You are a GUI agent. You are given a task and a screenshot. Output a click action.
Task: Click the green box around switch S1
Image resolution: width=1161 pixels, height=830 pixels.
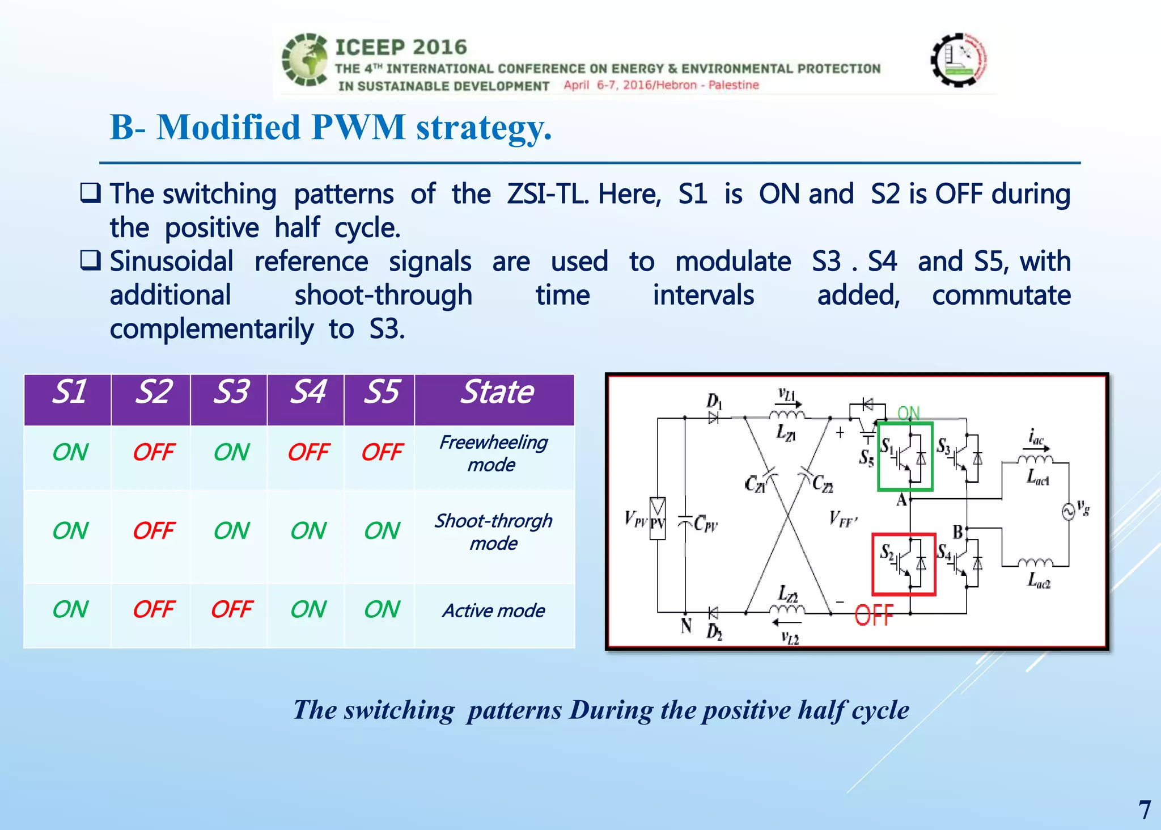pyautogui.click(x=905, y=456)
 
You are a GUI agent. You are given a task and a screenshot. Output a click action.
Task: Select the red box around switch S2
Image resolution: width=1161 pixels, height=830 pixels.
pyautogui.click(x=904, y=564)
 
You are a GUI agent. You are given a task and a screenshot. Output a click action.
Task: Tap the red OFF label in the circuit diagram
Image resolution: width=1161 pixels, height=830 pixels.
pyautogui.click(x=874, y=616)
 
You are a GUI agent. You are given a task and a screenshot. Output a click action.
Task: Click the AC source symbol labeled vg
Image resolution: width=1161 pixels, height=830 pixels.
pyautogui.click(x=1068, y=512)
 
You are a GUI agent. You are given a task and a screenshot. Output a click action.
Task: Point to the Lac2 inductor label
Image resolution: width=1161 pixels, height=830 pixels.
pyautogui.click(x=1039, y=581)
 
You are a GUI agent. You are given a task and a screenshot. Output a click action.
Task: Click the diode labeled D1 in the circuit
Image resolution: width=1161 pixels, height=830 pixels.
pyautogui.click(x=713, y=418)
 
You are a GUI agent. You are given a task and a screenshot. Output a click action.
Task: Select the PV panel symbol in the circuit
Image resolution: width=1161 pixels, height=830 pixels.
pyautogui.click(x=657, y=518)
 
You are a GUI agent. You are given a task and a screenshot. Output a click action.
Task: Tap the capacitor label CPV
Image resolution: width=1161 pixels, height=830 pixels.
pyautogui.click(x=705, y=523)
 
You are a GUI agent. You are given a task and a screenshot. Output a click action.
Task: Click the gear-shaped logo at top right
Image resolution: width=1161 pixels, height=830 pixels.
pyautogui.click(x=959, y=60)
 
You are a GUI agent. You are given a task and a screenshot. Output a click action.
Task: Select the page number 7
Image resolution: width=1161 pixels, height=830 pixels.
pyautogui.click(x=1144, y=810)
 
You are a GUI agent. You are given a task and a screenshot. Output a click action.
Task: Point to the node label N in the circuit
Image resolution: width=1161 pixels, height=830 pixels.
pyautogui.click(x=686, y=626)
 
